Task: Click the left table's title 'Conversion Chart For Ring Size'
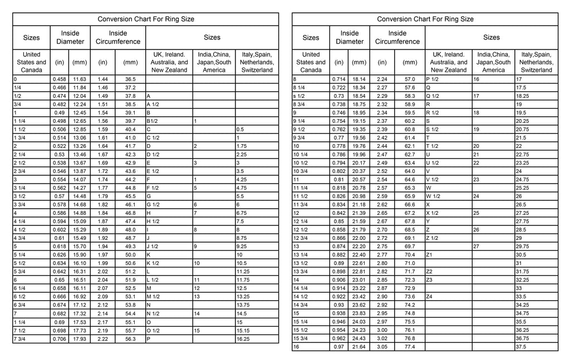(x=146, y=19)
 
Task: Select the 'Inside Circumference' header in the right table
(x=397, y=37)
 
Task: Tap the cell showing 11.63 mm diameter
(x=80, y=80)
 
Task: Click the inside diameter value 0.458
(x=58, y=80)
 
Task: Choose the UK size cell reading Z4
(x=429, y=297)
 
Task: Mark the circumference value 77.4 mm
(x=410, y=347)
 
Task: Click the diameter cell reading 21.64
(x=359, y=347)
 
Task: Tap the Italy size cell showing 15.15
(x=243, y=331)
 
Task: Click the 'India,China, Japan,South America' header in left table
(x=214, y=62)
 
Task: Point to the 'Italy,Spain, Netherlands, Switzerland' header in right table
(x=537, y=62)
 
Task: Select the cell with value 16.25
(x=244, y=339)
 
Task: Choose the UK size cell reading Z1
(x=429, y=255)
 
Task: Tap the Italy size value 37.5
(x=521, y=347)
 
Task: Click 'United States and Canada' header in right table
(x=311, y=62)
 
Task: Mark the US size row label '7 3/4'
(x=20, y=339)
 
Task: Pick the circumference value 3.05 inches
(x=382, y=347)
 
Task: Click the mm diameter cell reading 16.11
(x=80, y=289)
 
